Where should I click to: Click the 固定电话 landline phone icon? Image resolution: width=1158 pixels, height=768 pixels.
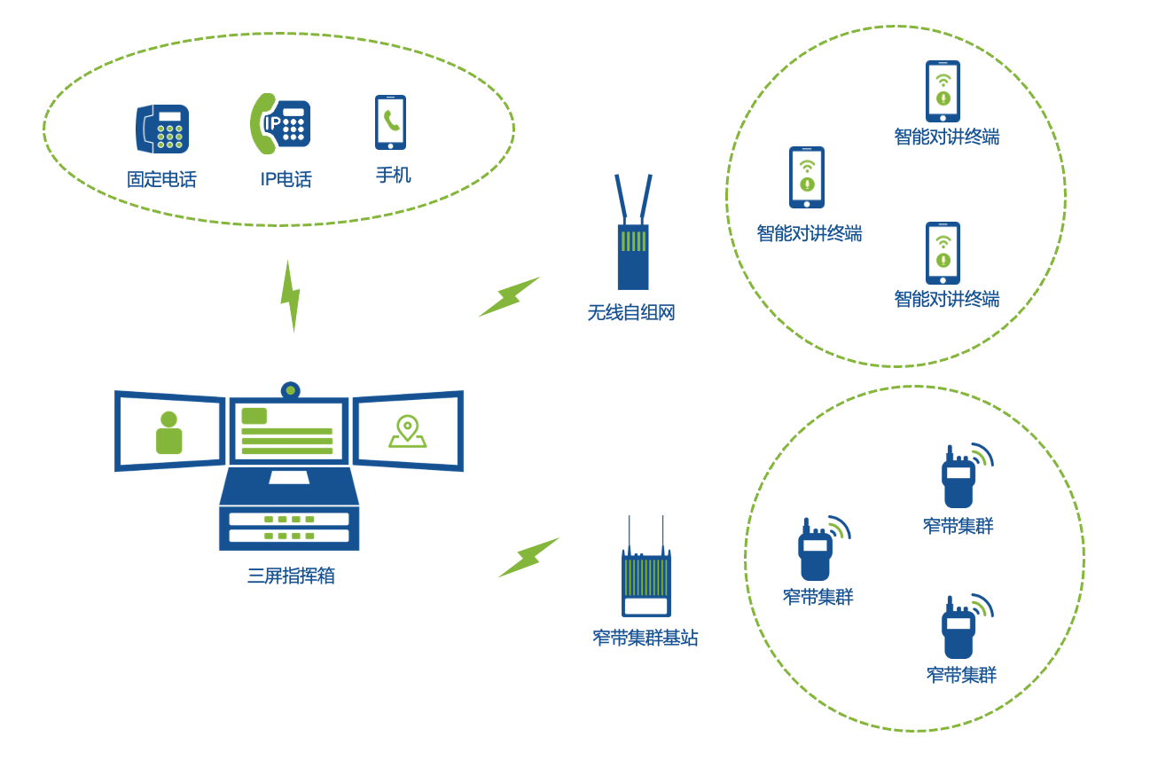(162, 129)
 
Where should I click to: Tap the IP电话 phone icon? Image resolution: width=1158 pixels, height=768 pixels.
(280, 123)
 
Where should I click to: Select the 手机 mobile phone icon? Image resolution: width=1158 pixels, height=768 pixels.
(390, 122)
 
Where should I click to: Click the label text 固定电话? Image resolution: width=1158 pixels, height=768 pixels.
(161, 179)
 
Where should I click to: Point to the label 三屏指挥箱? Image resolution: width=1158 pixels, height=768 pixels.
(291, 576)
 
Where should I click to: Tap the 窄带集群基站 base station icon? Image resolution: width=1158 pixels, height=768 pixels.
(646, 572)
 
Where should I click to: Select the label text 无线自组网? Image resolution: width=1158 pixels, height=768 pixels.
(631, 313)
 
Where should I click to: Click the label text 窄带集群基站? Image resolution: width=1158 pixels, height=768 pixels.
(646, 638)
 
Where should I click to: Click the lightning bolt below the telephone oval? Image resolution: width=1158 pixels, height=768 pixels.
(290, 296)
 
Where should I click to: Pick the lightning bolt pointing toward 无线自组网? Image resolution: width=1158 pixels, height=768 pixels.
(509, 297)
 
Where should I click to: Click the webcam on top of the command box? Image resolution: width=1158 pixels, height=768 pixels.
(290, 390)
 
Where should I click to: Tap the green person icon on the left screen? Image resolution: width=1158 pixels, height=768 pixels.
(168, 433)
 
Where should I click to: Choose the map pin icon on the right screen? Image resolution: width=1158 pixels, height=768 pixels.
(407, 432)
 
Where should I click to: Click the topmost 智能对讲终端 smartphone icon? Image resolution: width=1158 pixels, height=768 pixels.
(943, 91)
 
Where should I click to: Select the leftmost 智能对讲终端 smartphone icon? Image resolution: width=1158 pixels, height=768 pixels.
(807, 177)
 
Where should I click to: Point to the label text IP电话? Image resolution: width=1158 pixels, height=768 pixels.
(286, 179)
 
